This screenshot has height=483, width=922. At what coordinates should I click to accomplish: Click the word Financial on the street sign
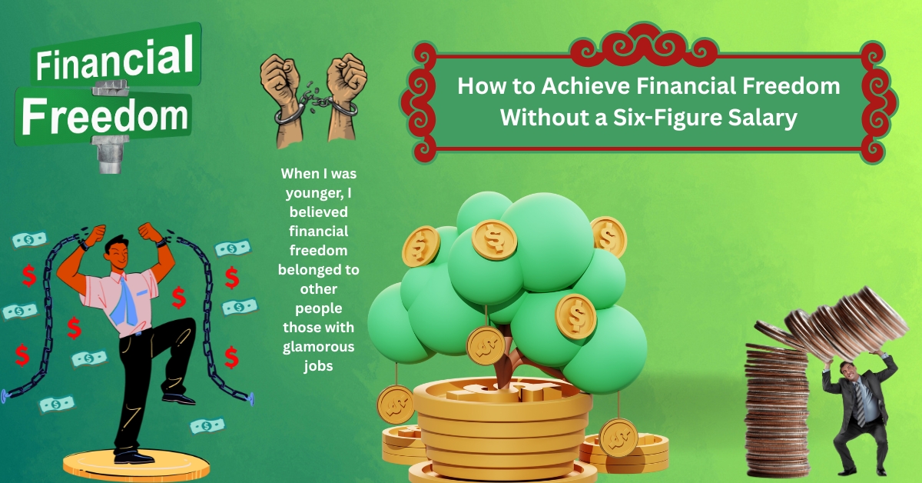[x=114, y=58]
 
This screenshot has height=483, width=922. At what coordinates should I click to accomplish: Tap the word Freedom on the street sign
[x=105, y=116]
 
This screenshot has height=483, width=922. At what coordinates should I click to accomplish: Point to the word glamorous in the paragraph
[x=319, y=347]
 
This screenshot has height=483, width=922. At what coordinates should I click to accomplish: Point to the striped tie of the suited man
[x=861, y=404]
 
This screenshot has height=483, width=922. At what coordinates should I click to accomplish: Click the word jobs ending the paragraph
[x=319, y=366]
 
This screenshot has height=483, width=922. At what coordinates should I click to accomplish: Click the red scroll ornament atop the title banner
[x=645, y=45]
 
